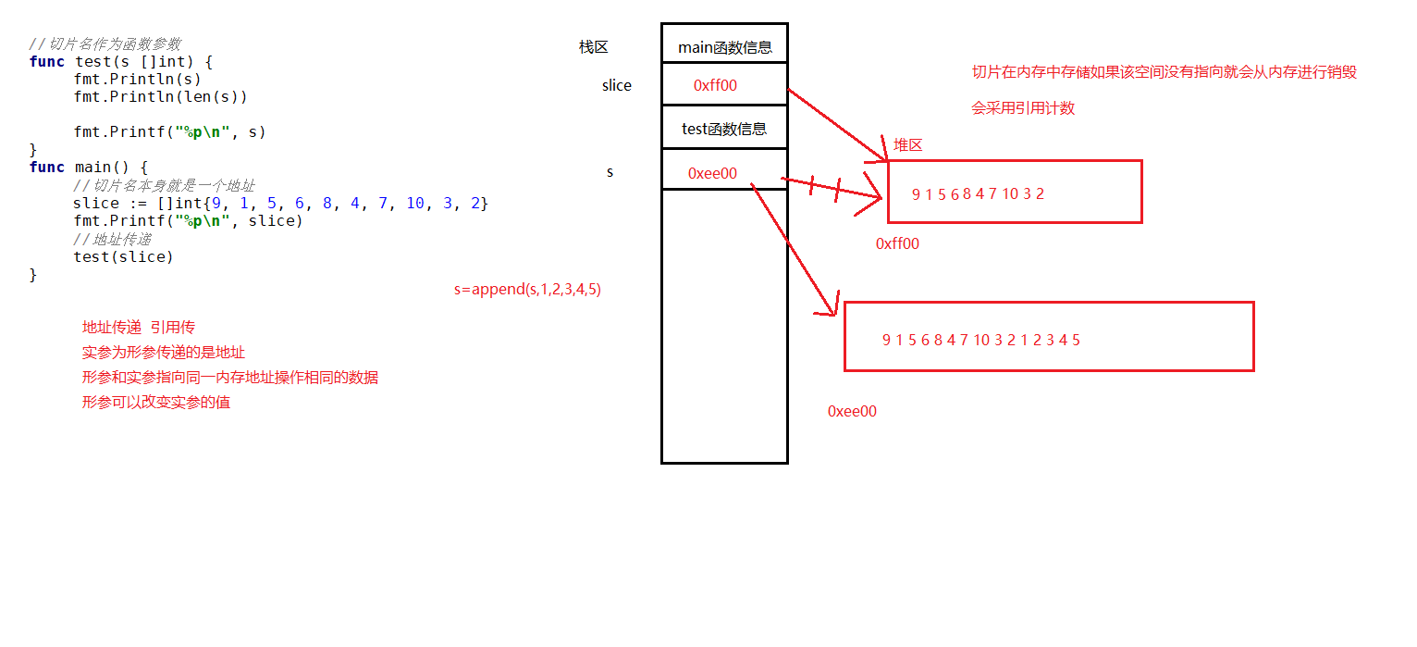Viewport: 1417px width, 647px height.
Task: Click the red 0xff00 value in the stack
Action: point(715,85)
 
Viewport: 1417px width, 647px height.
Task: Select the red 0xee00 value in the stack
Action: point(712,173)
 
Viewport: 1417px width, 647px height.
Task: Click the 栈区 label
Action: point(594,47)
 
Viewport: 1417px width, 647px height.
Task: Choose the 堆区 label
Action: point(907,145)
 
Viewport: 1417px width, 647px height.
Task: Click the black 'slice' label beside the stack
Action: point(617,85)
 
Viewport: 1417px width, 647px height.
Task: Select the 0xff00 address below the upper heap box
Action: point(897,243)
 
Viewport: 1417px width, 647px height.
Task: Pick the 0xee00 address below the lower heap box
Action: point(852,412)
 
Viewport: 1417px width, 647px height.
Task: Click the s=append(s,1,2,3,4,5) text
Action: point(527,290)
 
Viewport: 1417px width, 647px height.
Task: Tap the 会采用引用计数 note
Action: point(1023,108)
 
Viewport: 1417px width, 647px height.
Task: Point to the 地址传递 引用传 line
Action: point(139,328)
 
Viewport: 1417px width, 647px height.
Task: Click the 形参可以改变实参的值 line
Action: point(155,402)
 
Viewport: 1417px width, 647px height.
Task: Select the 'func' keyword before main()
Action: point(47,168)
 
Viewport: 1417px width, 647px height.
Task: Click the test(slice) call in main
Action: point(123,257)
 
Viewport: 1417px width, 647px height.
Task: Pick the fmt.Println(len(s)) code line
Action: point(160,97)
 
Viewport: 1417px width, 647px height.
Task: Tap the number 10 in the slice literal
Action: point(415,204)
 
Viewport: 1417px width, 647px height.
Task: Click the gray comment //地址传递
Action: point(112,240)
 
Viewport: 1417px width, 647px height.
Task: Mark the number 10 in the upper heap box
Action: point(1010,193)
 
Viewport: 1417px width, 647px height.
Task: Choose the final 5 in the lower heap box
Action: point(1076,340)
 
